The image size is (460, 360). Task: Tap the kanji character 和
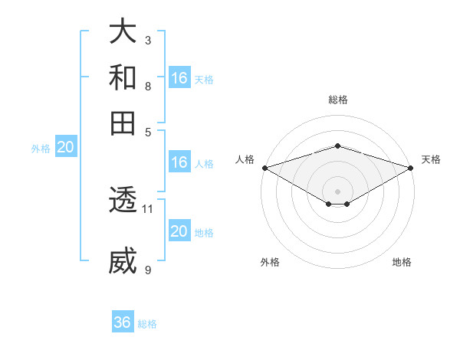coord(123,77)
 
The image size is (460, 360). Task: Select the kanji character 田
coord(123,123)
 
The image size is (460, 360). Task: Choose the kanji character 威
coord(123,261)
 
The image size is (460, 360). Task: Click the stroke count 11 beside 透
coord(148,208)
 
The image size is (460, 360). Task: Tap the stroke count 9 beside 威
coord(148,269)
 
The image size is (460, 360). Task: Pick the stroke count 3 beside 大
coord(148,39)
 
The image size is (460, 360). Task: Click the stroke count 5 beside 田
coord(148,131)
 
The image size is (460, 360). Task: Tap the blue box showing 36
coord(123,322)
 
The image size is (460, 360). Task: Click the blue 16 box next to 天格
coord(179,78)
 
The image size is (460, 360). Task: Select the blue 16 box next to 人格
coord(179,162)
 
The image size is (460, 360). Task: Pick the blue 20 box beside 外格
coord(65,148)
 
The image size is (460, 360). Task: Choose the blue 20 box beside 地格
coord(179,231)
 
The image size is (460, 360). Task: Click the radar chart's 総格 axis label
coord(337,100)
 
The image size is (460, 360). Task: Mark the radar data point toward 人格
coord(264,168)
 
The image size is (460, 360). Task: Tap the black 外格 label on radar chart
coord(270,263)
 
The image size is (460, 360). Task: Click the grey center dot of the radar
coord(337,191)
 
